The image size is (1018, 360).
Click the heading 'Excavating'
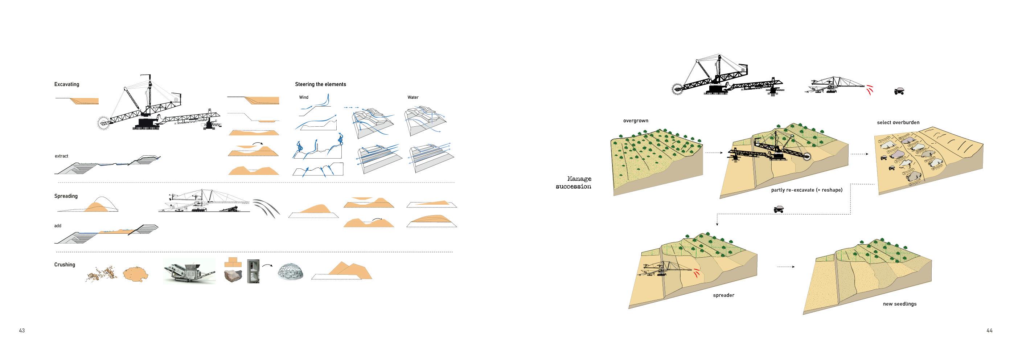[x=66, y=84]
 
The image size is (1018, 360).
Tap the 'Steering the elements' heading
[x=320, y=84]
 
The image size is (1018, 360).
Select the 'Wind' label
[x=304, y=97]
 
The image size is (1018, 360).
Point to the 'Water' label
[x=412, y=97]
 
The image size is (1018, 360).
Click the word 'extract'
[x=61, y=156]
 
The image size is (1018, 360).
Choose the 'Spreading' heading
[x=66, y=196]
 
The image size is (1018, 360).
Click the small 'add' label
[x=58, y=226]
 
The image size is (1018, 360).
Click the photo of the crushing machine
[x=189, y=271]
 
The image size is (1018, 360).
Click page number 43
[x=22, y=330]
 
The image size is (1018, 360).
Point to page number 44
[x=989, y=330]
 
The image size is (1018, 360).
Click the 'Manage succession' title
[x=574, y=183]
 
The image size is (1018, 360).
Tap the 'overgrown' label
[x=636, y=121]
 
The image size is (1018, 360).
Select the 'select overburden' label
[x=898, y=123]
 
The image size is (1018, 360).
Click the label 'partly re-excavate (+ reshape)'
[x=806, y=190]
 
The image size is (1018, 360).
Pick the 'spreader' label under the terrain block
[x=723, y=295]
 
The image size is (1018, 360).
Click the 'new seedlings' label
[x=899, y=304]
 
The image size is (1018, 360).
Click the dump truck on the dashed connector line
[x=778, y=209]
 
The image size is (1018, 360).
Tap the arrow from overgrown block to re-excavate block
[x=713, y=152]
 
